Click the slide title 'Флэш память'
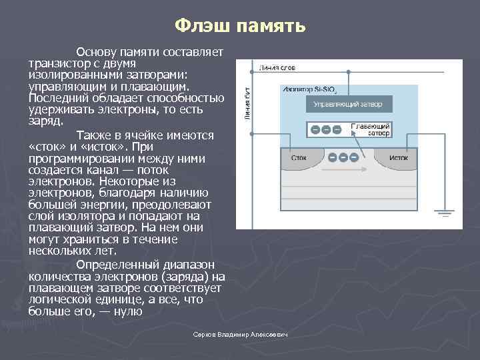point(240,25)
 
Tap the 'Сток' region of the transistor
point(299,158)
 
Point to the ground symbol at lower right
point(445,213)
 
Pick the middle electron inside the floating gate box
point(327,129)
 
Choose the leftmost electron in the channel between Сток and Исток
point(333,157)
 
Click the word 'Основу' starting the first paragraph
point(96,52)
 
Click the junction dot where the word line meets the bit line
point(251,69)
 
